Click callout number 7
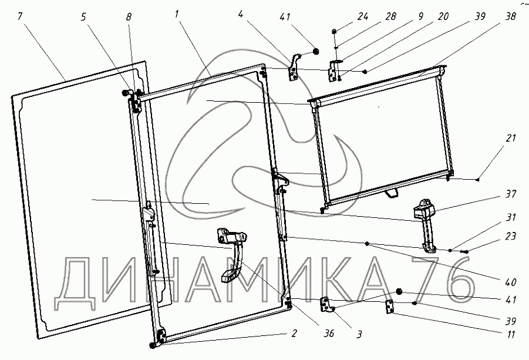(x=20, y=16)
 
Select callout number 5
(x=83, y=16)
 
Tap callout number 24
(x=363, y=16)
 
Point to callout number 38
(x=510, y=16)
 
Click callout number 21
(x=510, y=138)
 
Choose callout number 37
(x=510, y=194)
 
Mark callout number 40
(x=510, y=282)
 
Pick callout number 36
(x=328, y=334)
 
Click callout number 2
(x=294, y=334)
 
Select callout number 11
(x=510, y=334)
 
